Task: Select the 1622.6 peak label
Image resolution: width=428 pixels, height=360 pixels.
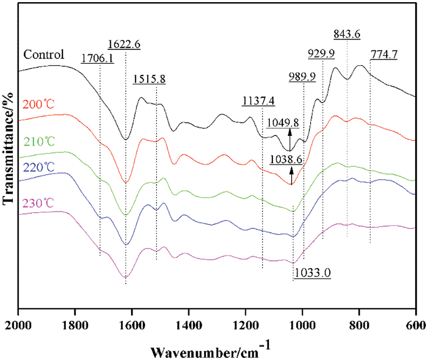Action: click(124, 44)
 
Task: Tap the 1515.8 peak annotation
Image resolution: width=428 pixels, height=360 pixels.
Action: click(149, 80)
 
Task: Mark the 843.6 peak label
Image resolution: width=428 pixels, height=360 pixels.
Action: click(347, 33)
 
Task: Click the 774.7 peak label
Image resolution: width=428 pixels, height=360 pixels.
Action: click(384, 55)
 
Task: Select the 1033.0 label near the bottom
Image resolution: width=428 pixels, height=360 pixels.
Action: click(313, 273)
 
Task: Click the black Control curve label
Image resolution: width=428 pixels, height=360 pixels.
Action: click(44, 55)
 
